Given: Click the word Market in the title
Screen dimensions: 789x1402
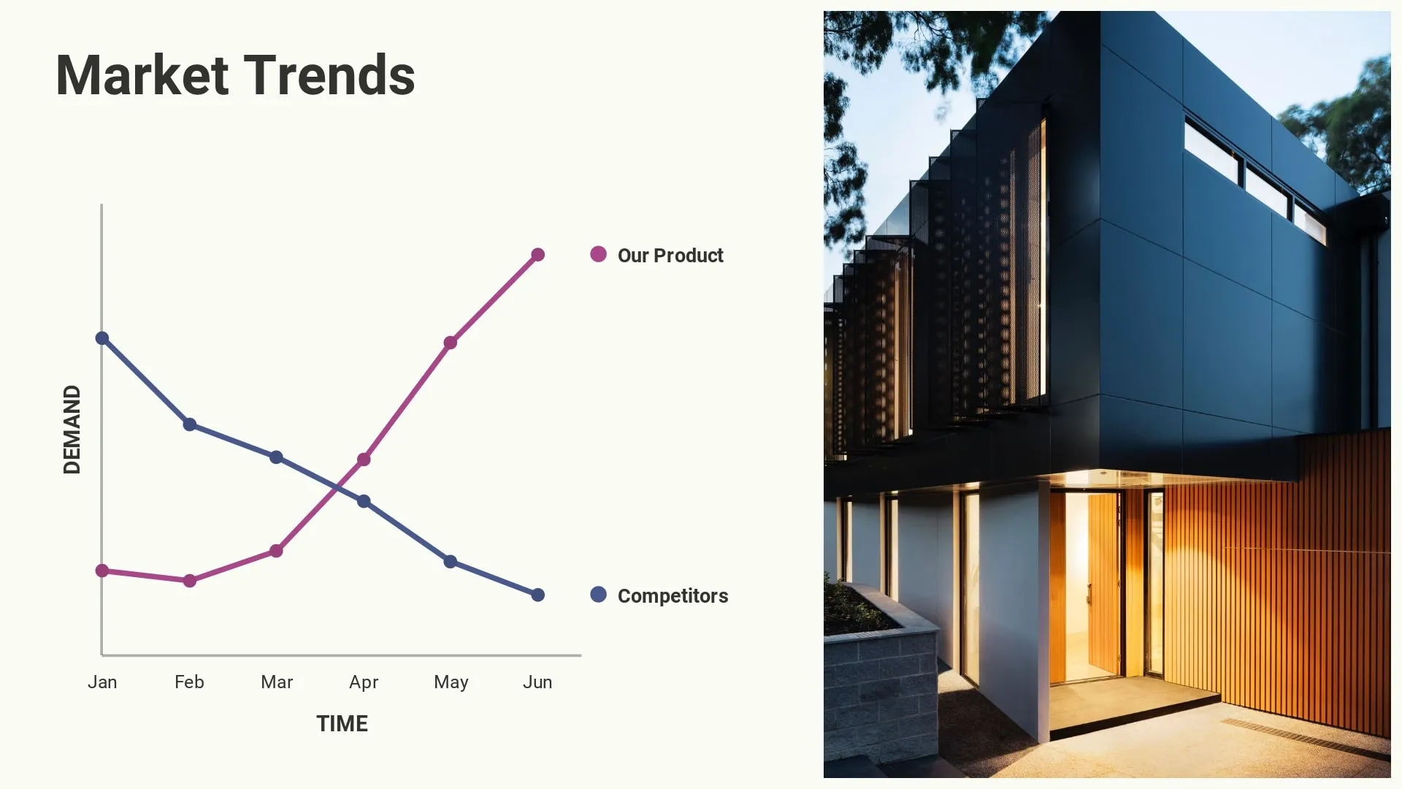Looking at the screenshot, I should [x=142, y=75].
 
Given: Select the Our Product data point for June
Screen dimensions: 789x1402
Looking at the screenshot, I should [x=538, y=255].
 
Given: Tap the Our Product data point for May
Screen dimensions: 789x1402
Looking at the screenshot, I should [x=451, y=343].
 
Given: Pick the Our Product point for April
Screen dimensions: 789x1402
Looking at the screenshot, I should [x=364, y=460].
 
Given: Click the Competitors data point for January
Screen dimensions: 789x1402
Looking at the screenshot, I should [x=102, y=338].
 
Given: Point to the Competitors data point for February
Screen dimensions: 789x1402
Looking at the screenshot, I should [x=190, y=424].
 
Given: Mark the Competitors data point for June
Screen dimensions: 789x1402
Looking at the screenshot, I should [x=538, y=595].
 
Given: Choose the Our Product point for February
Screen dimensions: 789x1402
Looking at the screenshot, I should [x=190, y=581].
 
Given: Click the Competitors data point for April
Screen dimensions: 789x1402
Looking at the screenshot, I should [x=364, y=501].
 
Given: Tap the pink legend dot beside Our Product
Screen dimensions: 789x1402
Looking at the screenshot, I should [x=598, y=254].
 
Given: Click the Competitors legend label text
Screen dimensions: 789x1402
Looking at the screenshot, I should [x=673, y=596].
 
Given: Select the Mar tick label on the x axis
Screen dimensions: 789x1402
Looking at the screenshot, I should [x=277, y=682].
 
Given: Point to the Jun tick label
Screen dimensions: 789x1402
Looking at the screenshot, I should [x=537, y=682].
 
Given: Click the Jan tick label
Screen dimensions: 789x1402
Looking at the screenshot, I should [x=102, y=682].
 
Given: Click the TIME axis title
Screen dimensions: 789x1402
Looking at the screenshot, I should [x=342, y=723].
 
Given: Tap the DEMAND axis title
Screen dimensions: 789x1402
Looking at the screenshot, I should [x=72, y=430].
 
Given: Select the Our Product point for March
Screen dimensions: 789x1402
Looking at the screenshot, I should [x=276, y=551].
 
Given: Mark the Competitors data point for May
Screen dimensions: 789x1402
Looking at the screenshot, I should [x=451, y=562].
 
